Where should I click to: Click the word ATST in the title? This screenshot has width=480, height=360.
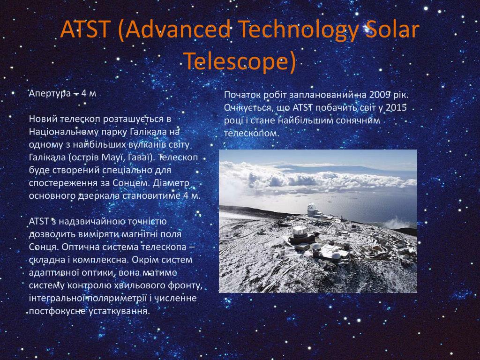pos(84,30)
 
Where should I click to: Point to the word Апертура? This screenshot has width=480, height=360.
pos(50,93)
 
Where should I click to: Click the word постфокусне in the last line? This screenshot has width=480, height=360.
pos(57,312)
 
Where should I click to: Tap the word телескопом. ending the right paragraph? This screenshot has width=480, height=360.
pos(252,134)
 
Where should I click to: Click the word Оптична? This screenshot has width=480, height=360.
pos(80,247)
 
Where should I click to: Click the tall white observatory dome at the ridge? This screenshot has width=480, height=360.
pos(312,210)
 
